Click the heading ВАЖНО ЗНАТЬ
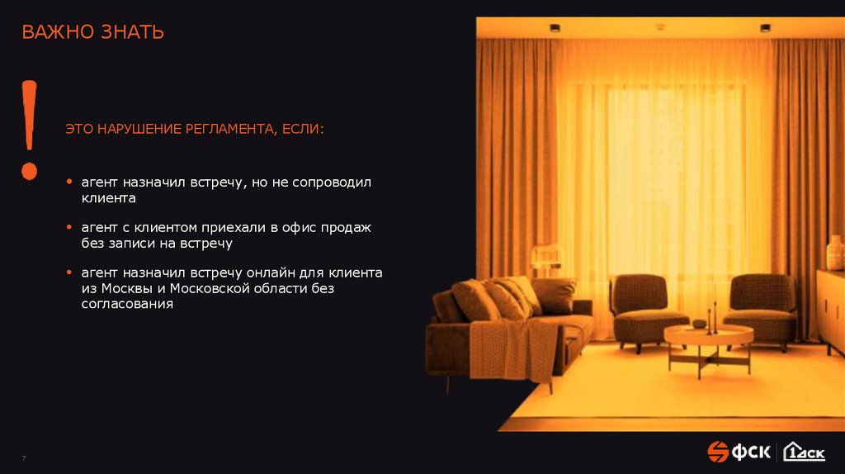tap(92, 33)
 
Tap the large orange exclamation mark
tap(30, 128)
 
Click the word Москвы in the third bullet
tap(125, 288)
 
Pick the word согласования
tap(126, 304)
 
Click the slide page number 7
tap(24, 458)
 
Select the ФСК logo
tap(739, 452)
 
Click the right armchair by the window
tap(762, 307)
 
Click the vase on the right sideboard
tap(835, 252)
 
